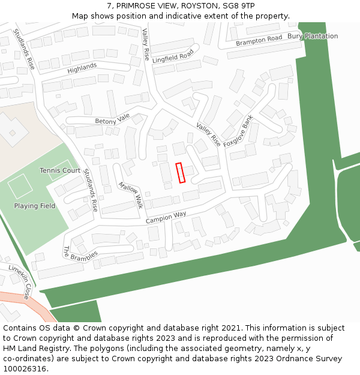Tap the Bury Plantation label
(312, 36)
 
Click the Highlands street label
(82, 68)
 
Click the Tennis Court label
(60, 170)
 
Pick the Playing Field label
(35, 206)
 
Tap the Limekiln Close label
(19, 281)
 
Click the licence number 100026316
(24, 368)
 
